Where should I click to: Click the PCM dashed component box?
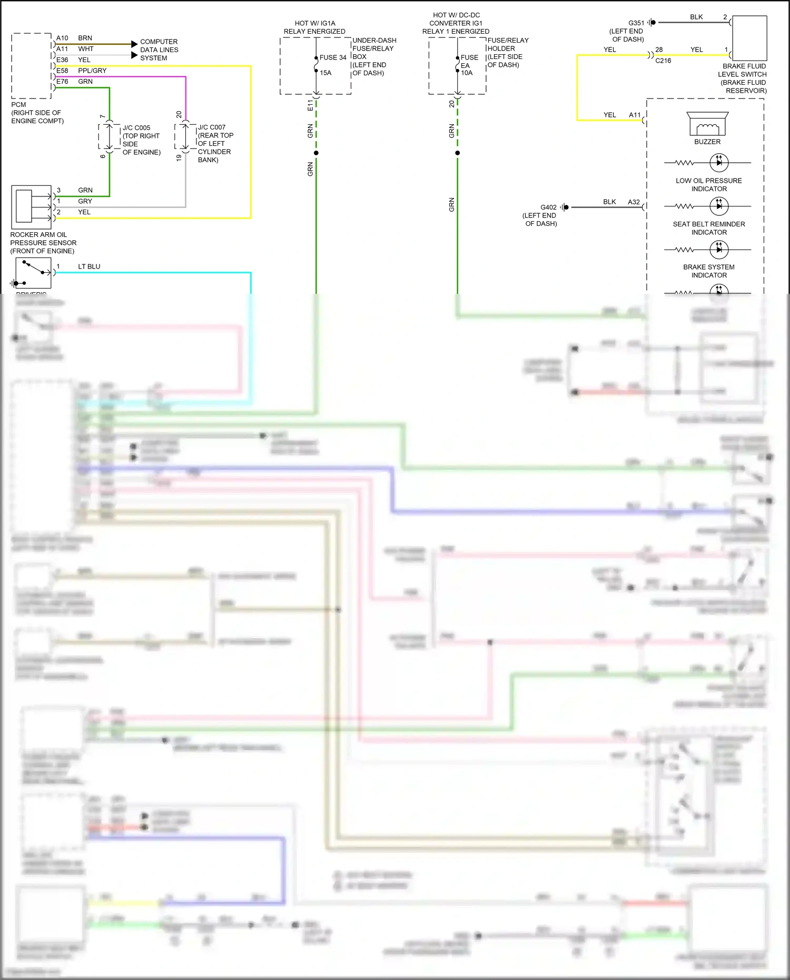[x=32, y=66]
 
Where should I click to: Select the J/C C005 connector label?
[x=136, y=128]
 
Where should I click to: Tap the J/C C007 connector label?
[x=212, y=127]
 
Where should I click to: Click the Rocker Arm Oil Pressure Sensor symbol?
[x=31, y=207]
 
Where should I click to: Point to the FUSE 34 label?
[x=333, y=57]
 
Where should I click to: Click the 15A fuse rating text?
[x=325, y=73]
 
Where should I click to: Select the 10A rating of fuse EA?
[x=467, y=73]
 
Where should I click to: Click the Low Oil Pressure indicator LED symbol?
[x=719, y=163]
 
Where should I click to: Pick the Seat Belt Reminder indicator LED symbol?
[x=719, y=206]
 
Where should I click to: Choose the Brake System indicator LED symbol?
[x=719, y=249]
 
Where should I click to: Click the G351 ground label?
[x=636, y=23]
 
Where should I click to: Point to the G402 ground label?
[x=548, y=207]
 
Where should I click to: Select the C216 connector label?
[x=663, y=61]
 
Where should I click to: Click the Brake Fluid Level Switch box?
[x=749, y=38]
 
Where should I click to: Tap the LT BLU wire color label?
[x=89, y=266]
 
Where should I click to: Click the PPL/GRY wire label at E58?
[x=92, y=71]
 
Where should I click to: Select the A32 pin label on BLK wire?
[x=634, y=202]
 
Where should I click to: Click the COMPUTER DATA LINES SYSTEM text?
[x=159, y=50]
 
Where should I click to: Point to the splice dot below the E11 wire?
[x=316, y=153]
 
